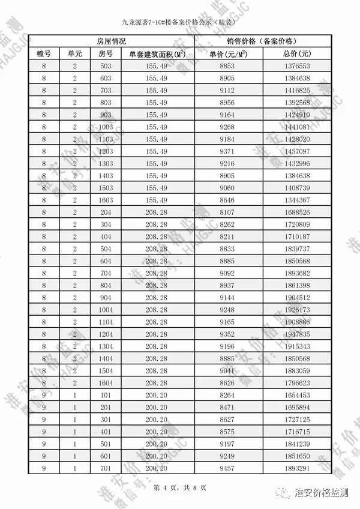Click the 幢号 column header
tap(43, 53)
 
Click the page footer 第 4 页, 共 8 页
tap(180, 488)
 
